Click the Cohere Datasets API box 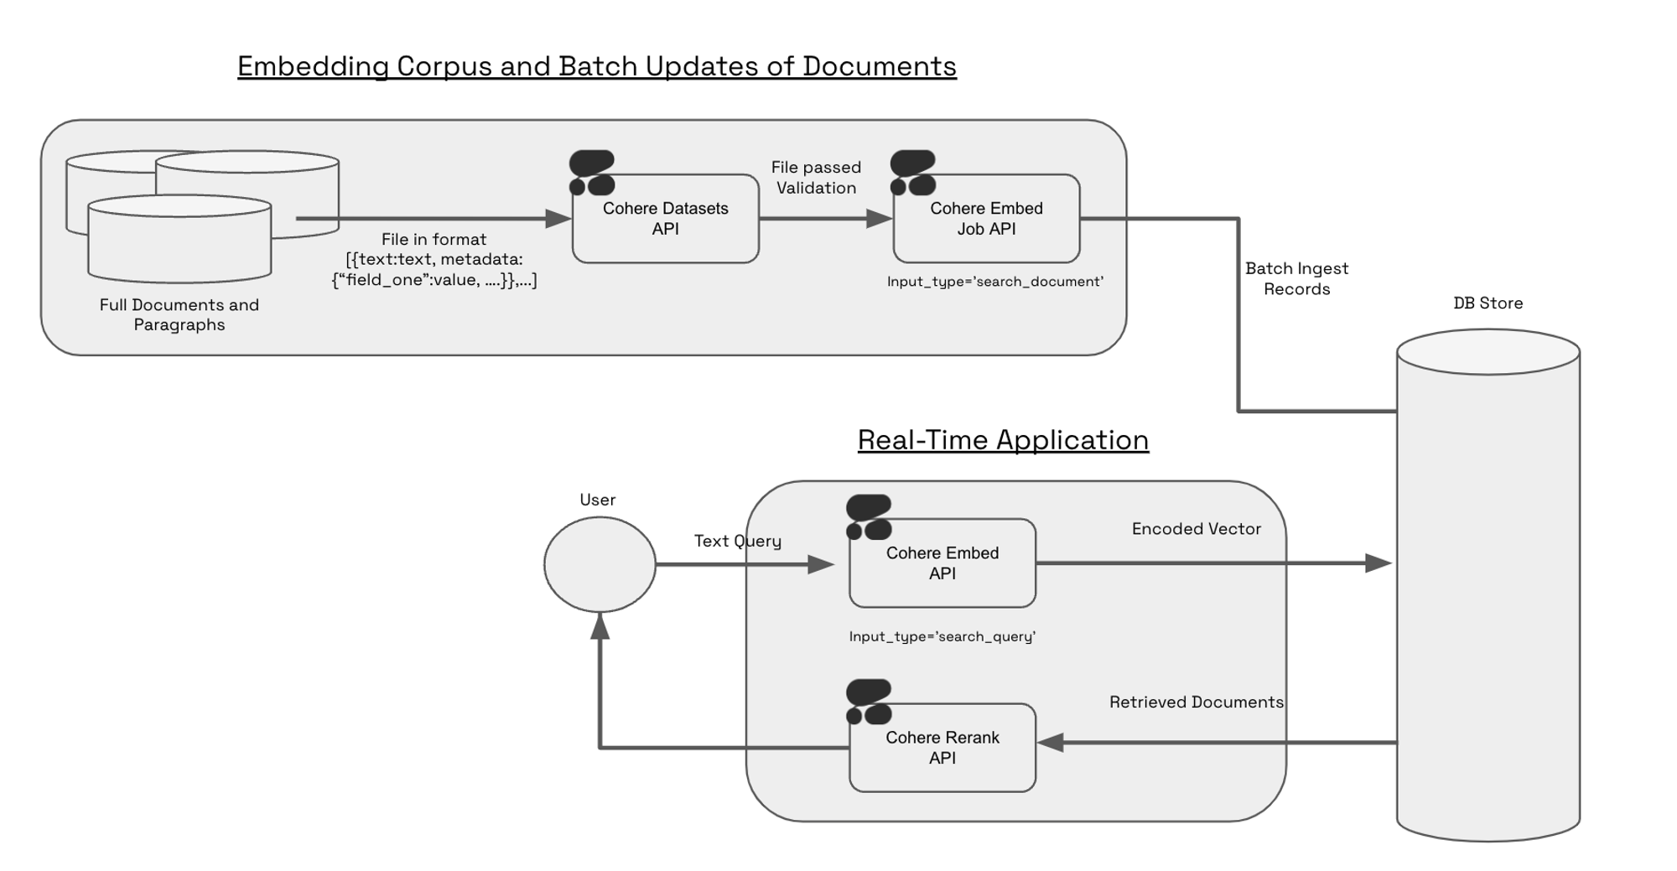(x=665, y=219)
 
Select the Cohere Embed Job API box (x=986, y=219)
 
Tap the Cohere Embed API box (x=942, y=563)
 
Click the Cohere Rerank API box (x=942, y=748)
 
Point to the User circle (x=600, y=564)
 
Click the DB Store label (x=1487, y=303)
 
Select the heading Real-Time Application (x=1003, y=440)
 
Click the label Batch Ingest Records (x=1296, y=279)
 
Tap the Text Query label (x=737, y=542)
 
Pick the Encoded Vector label (x=1196, y=529)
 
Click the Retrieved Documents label (x=1196, y=703)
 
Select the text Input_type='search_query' (x=942, y=637)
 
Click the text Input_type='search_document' (x=994, y=282)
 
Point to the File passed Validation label (x=816, y=178)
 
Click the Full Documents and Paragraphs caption (x=179, y=315)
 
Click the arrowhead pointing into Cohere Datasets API (x=558, y=219)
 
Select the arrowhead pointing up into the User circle (x=600, y=625)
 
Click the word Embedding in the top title (x=313, y=66)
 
